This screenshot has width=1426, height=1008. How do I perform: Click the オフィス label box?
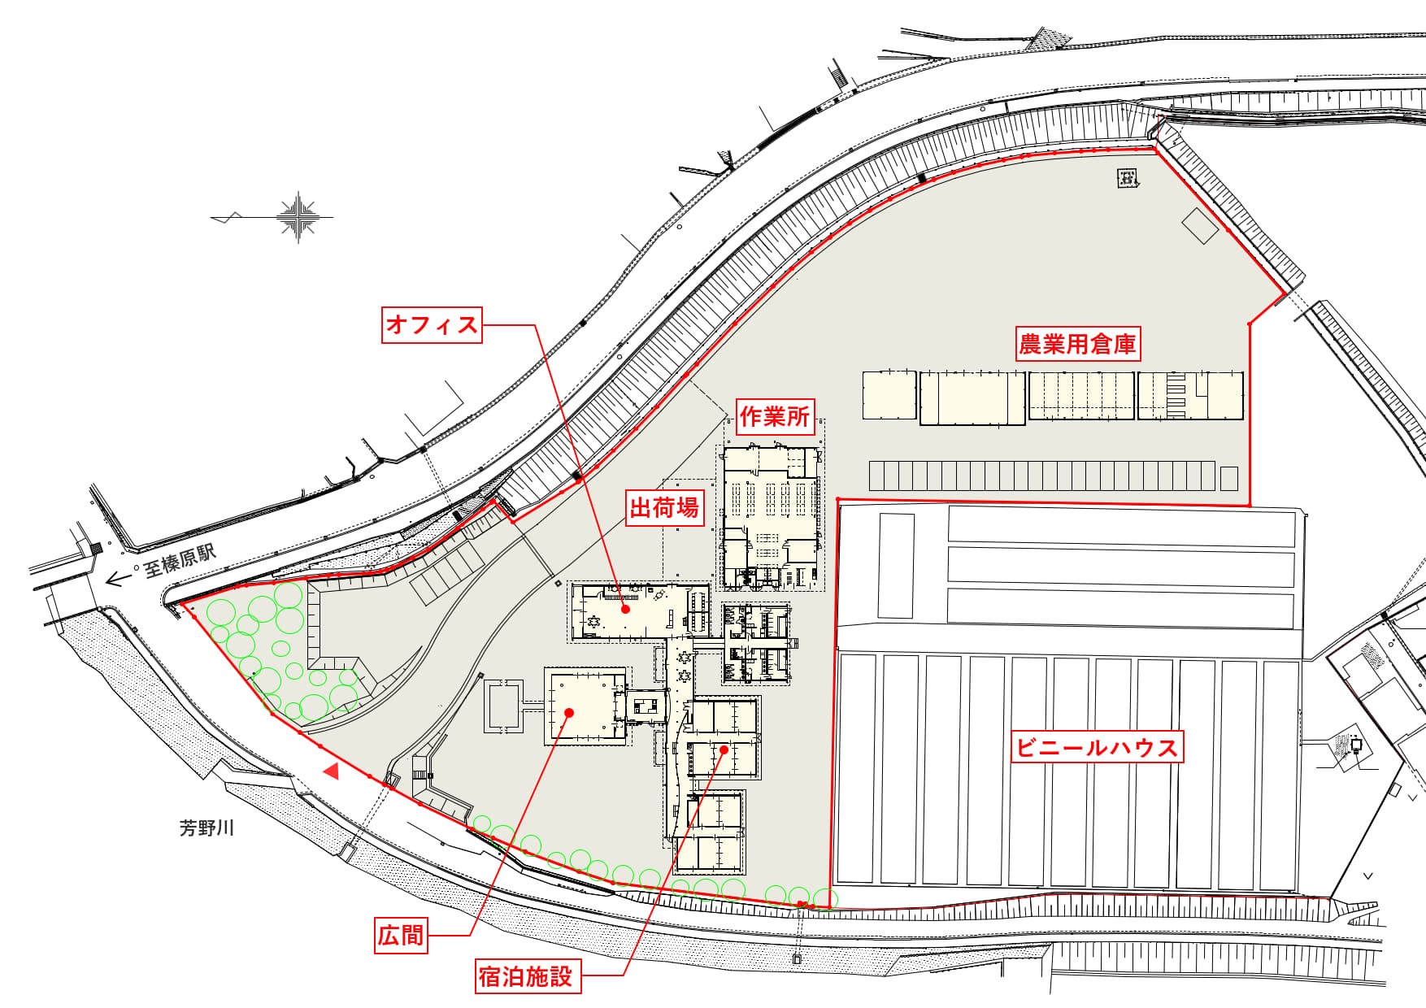(432, 325)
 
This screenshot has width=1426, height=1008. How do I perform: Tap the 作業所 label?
(775, 417)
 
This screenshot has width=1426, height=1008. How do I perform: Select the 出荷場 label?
(664, 508)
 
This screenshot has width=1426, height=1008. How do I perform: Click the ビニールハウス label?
(1096, 747)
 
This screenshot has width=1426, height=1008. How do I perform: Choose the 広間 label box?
(401, 936)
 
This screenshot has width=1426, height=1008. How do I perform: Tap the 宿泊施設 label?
(526, 975)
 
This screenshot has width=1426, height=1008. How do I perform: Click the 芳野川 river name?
(207, 828)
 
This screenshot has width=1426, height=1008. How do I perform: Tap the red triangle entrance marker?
(331, 771)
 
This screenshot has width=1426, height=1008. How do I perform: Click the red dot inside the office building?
(625, 608)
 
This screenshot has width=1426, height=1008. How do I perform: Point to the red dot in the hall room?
(569, 713)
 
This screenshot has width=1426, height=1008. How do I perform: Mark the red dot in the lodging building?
(723, 748)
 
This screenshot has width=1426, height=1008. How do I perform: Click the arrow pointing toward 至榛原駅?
(119, 579)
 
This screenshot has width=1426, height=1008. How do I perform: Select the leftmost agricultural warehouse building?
(889, 395)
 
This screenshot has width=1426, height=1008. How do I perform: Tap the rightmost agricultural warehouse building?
(1190, 395)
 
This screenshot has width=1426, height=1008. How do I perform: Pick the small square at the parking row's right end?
(1229, 477)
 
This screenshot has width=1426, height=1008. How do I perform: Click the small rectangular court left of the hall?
(504, 706)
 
